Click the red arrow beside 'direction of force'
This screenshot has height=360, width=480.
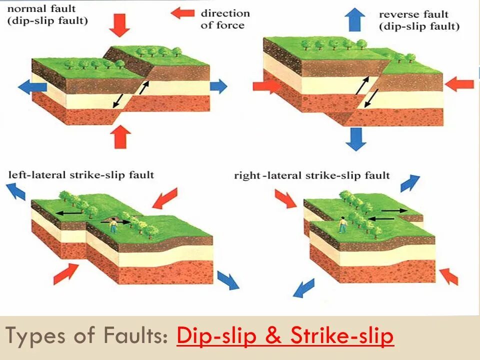click(x=182, y=12)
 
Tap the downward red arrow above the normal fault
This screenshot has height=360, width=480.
click(x=119, y=25)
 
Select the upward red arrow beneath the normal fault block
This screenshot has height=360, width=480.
click(x=119, y=136)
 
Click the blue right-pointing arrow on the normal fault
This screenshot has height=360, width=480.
click(x=218, y=85)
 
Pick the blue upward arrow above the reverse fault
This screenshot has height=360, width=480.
click(x=355, y=20)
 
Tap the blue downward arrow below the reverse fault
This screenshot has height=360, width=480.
click(x=355, y=138)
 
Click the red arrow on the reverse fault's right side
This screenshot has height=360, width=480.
click(x=459, y=84)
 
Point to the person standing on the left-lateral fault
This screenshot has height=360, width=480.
click(x=114, y=225)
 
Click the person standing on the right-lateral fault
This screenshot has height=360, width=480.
click(x=343, y=224)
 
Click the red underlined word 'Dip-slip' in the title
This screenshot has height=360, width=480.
click(x=217, y=337)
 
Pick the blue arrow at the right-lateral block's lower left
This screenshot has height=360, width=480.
click(x=304, y=288)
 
